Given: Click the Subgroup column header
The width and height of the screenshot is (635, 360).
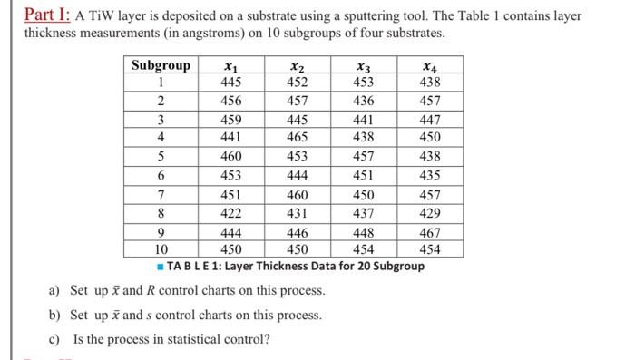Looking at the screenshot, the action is [x=161, y=65].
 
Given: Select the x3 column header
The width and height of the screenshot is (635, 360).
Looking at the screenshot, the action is [x=365, y=65].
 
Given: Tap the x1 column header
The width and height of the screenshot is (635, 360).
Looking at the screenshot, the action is [x=231, y=65].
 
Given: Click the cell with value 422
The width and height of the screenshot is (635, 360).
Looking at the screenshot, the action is [x=231, y=213].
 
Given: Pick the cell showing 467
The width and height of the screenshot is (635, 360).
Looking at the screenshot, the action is [x=430, y=234].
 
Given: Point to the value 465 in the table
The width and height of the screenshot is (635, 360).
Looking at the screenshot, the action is [x=297, y=137].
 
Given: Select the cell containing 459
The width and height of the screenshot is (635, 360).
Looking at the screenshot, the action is [x=231, y=120].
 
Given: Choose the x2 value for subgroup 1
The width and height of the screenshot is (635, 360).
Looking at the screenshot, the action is [x=297, y=81].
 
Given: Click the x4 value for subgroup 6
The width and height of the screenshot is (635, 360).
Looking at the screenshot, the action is [x=430, y=175].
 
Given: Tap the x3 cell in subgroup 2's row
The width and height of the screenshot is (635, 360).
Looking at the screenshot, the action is [x=365, y=100].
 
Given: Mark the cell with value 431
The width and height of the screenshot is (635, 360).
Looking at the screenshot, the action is [x=297, y=213].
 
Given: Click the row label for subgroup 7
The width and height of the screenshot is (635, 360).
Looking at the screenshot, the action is [x=161, y=195].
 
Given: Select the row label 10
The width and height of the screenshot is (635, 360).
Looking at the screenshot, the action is [x=161, y=249].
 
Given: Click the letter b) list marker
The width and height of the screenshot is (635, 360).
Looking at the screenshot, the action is [x=54, y=316].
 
